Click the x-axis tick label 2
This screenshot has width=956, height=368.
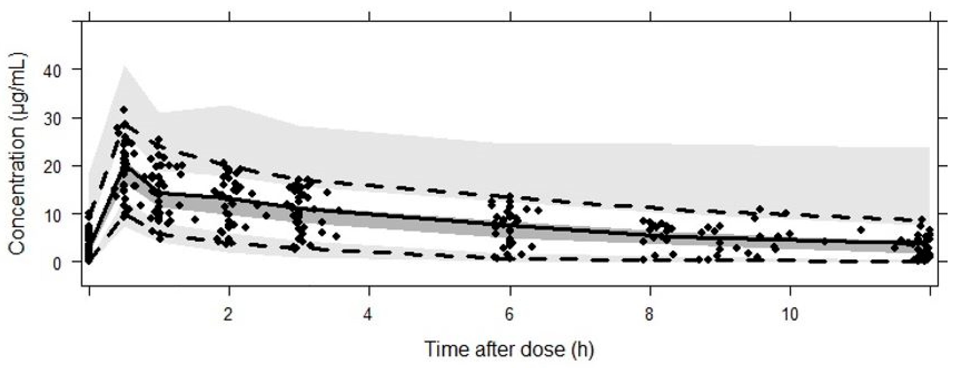[229, 315]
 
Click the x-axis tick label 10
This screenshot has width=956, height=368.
[790, 315]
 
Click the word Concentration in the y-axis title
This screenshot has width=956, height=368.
[18, 193]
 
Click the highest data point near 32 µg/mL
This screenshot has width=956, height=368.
[124, 110]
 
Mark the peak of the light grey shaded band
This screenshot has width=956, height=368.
[124, 67]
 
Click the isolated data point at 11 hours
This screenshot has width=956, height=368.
[861, 230]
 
